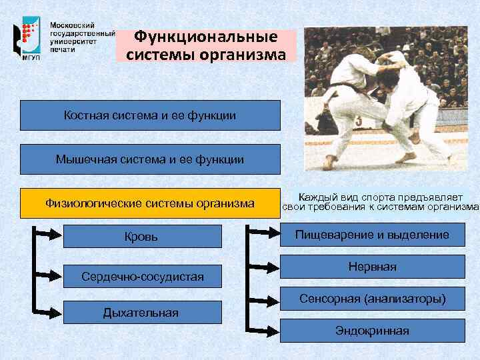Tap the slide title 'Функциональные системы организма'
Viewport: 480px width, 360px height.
[206, 45]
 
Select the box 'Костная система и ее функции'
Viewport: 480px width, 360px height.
[150, 115]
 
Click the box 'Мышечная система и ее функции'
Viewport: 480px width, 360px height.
[150, 159]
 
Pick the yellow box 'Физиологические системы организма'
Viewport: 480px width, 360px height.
[150, 203]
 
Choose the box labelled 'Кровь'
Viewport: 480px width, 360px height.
[141, 236]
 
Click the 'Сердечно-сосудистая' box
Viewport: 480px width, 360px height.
[141, 275]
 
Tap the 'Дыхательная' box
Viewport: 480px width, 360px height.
[141, 312]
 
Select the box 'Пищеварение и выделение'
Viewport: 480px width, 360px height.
[372, 235]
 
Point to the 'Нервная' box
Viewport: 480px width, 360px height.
[372, 267]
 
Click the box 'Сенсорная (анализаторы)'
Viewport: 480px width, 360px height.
[372, 298]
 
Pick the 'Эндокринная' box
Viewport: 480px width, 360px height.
[372, 330]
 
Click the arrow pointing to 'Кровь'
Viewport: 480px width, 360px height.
[50, 233]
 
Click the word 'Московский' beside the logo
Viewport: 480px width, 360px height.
[73, 24]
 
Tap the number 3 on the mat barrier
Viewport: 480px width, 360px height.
[359, 121]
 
